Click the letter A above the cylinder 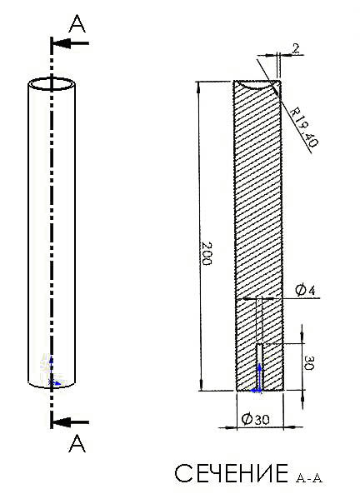pos(77,24)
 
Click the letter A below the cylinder pos(77,444)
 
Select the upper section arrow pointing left pos(71,43)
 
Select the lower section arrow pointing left pos(71,422)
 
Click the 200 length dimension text pos(207,253)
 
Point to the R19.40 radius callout pos(305,127)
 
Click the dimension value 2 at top pos(296,49)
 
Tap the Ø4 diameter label pos(305,290)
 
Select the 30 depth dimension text pos(308,362)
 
